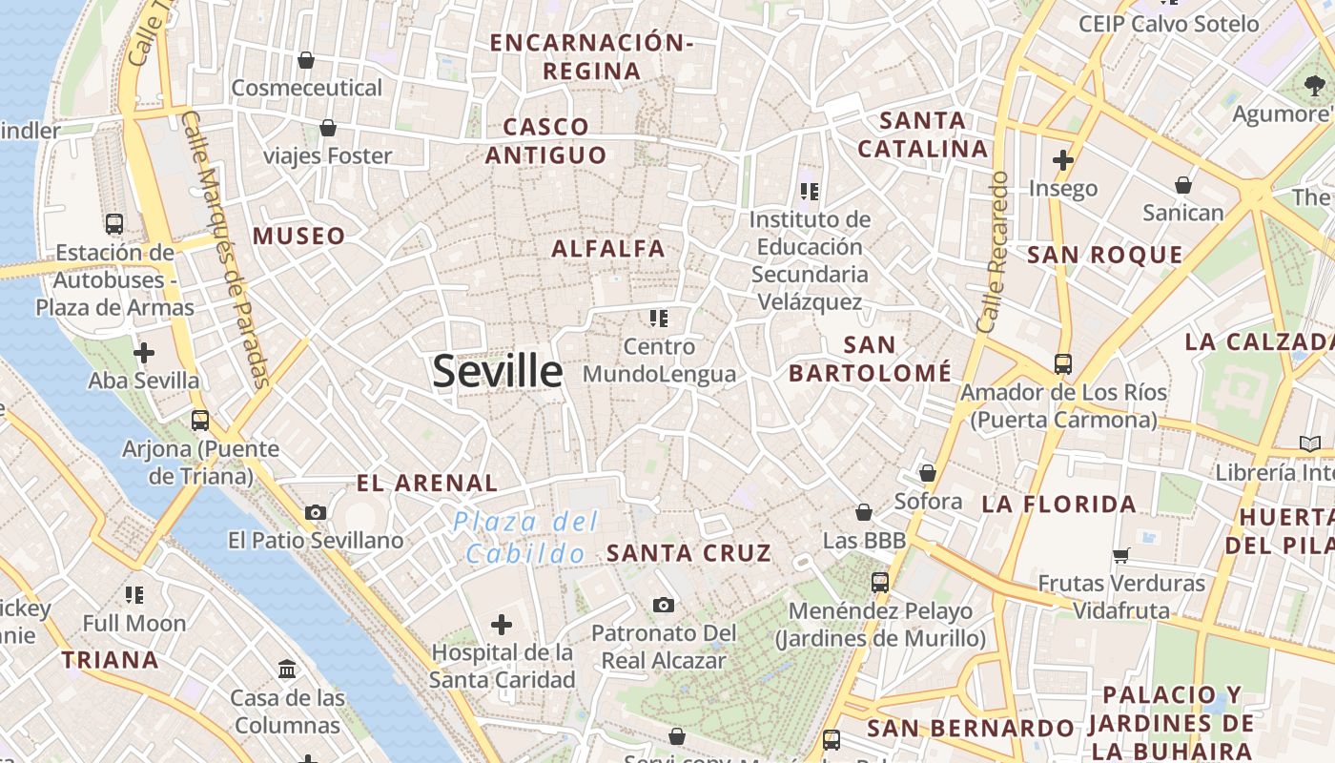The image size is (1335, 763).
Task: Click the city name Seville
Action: [497, 370]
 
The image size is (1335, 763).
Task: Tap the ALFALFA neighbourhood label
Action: [608, 249]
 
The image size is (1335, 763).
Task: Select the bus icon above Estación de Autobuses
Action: [114, 224]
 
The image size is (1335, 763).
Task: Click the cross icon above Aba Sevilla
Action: [144, 354]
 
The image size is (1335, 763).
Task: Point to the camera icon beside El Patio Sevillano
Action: [316, 512]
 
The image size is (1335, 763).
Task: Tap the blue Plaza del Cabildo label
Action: [525, 537]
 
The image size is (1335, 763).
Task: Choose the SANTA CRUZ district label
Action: [688, 553]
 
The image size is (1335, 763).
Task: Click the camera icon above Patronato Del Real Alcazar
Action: [664, 605]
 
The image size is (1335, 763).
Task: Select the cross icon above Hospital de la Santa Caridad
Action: [502, 625]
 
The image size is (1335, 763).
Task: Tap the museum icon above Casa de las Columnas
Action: [287, 669]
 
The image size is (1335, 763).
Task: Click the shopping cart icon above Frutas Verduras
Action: [1121, 555]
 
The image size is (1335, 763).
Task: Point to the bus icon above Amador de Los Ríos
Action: [1062, 363]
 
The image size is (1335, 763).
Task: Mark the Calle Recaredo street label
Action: [993, 252]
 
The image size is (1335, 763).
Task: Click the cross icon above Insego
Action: [1063, 160]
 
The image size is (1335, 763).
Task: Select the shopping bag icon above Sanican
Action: [1183, 184]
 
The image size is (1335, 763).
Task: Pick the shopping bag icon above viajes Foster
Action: [328, 127]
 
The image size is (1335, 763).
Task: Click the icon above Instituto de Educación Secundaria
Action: [810, 192]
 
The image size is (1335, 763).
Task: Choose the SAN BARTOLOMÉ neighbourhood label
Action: [870, 359]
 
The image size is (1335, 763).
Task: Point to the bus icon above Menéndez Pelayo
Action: [880, 582]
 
